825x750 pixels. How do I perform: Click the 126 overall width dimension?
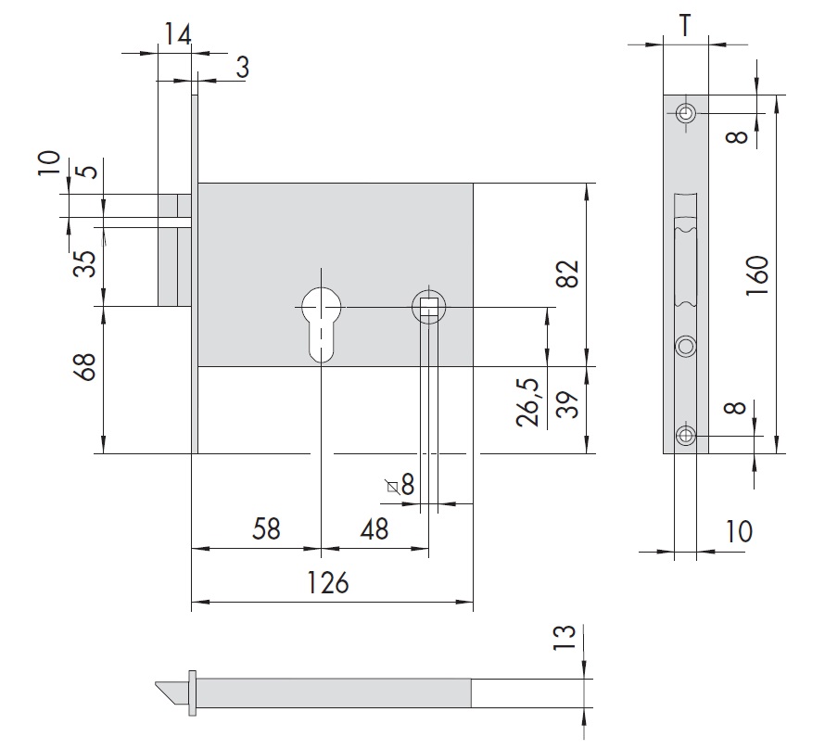point(327,583)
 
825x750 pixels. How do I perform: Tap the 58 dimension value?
point(266,530)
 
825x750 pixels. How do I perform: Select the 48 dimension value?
point(374,530)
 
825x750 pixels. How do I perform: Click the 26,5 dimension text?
point(528,400)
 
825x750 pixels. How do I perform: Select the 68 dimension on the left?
point(85,368)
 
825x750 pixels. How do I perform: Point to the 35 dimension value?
point(85,264)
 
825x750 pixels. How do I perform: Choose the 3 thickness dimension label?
point(242,67)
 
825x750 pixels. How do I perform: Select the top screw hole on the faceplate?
point(686,114)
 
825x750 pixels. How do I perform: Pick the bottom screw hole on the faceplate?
point(686,436)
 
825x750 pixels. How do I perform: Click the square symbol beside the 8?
point(392,486)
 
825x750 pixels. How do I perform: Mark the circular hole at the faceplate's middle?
point(686,346)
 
